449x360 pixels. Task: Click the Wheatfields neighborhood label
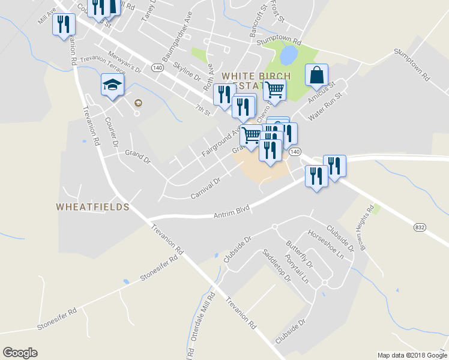pyautogui.click(x=92, y=207)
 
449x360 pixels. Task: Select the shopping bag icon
pyautogui.click(x=316, y=76)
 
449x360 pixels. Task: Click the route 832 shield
pyautogui.click(x=420, y=227)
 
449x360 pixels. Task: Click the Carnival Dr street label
pyautogui.click(x=206, y=188)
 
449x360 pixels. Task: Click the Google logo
pyautogui.click(x=20, y=353)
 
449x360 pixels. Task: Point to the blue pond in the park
pyautogui.click(x=288, y=56)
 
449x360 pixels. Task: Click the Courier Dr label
pyautogui.click(x=111, y=130)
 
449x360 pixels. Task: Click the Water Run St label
pyautogui.click(x=324, y=105)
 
